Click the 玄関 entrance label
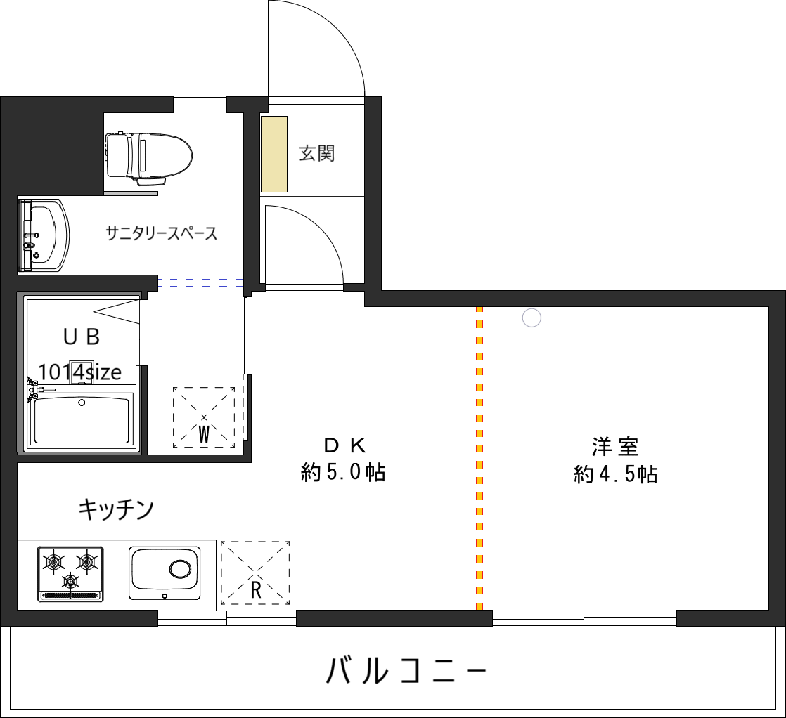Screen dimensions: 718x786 coord(316,153)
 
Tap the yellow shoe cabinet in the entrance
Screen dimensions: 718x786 coord(274,154)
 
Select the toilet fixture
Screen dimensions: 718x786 coord(149,156)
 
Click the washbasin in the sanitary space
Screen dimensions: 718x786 coord(44,235)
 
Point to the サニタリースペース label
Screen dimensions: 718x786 coord(162,233)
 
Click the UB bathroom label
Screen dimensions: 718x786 coord(82,337)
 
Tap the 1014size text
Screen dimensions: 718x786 coord(79,372)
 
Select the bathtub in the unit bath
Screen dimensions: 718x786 coord(82,419)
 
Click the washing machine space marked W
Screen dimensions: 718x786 coord(204,418)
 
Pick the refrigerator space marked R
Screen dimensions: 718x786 coord(255,573)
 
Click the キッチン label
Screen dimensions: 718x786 coord(116,509)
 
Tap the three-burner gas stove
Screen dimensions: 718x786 coord(70,573)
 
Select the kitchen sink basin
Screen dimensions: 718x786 coord(165,573)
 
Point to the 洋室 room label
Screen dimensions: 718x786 coord(615,447)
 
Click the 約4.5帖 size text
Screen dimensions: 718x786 coord(615,476)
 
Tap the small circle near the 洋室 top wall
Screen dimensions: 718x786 coord(532,318)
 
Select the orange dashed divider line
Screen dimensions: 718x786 coord(479,457)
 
